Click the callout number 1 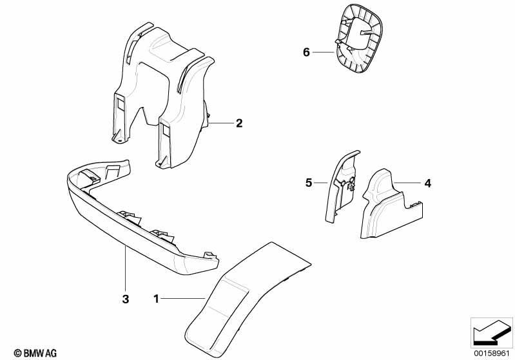[x=157, y=299]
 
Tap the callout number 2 [x=239, y=123]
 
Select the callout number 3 [x=126, y=299]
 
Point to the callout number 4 [x=427, y=183]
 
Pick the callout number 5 [x=308, y=182]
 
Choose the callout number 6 [x=306, y=52]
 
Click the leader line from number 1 [x=183, y=298]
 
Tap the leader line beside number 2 [x=221, y=123]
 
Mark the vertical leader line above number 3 [x=125, y=269]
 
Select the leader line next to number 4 [x=407, y=182]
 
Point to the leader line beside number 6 [x=323, y=52]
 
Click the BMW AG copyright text [x=35, y=353]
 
